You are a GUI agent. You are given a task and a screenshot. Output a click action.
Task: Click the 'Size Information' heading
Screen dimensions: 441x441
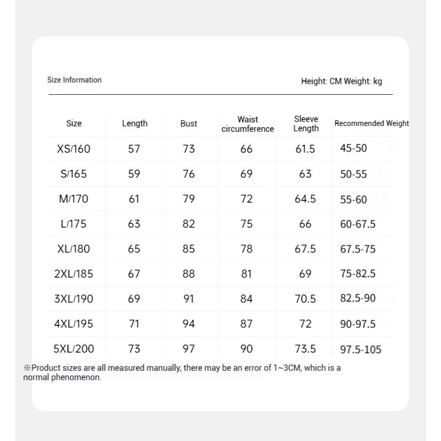tap(74, 80)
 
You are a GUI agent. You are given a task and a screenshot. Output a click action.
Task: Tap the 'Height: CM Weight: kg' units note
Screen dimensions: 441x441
tap(341, 81)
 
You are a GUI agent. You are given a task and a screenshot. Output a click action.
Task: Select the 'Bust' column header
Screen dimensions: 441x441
tap(188, 124)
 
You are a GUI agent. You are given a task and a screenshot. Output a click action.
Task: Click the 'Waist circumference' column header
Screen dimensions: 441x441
tap(247, 124)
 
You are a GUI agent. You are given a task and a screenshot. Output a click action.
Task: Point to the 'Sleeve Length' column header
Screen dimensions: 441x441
tap(306, 124)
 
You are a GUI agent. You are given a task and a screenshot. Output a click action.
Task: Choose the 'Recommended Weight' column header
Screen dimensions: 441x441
tap(371, 124)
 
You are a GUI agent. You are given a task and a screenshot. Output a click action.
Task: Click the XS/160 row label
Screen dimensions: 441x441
tap(73, 149)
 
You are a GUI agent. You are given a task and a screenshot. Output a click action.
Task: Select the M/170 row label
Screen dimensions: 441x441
tap(73, 199)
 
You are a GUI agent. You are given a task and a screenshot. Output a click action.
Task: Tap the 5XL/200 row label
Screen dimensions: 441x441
tap(74, 349)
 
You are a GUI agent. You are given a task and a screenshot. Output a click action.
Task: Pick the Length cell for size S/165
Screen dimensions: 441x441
tap(134, 174)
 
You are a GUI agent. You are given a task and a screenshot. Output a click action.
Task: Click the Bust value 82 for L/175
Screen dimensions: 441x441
tap(188, 224)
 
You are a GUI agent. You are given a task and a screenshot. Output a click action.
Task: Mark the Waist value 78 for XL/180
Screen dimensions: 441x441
tap(246, 249)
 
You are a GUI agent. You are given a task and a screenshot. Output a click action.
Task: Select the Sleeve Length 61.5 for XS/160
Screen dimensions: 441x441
tap(305, 149)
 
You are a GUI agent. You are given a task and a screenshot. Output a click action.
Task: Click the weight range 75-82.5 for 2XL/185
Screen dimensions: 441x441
tap(358, 274)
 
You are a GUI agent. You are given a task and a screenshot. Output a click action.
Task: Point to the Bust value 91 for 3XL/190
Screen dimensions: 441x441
tap(188, 299)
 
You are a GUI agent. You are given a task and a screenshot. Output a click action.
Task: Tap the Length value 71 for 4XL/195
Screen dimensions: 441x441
tap(134, 324)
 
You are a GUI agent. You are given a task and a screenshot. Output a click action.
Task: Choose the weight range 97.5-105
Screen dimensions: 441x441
tap(361, 349)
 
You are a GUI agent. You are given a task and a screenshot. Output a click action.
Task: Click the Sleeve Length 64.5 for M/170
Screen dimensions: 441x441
tap(305, 199)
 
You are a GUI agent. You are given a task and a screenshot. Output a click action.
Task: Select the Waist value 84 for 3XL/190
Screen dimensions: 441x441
tap(246, 299)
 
